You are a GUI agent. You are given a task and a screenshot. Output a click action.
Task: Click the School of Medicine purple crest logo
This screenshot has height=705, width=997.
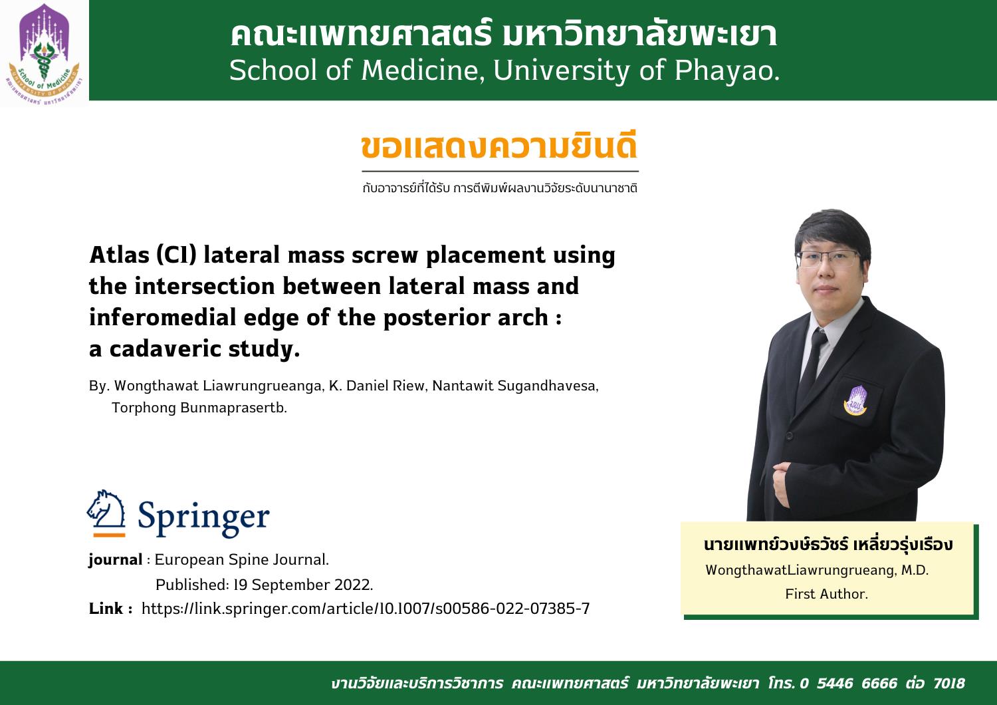pos(44,54)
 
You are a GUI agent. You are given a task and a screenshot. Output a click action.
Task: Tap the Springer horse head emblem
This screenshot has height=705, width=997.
pos(106,513)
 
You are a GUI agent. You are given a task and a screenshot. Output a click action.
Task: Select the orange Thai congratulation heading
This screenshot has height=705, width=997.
pos(499,146)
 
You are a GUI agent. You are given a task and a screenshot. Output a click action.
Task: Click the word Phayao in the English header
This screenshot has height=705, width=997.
pos(727,70)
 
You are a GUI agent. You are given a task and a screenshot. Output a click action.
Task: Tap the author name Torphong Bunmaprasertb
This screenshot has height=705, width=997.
pos(199,408)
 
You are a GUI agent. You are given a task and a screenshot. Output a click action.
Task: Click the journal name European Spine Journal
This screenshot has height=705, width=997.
pos(242,559)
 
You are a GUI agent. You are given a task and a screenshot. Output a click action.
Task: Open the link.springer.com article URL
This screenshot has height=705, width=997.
pos(366,609)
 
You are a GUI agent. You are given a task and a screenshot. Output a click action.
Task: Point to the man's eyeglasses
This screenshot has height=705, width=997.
pos(828,259)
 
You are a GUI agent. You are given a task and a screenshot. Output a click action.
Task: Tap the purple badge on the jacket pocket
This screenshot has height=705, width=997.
pos(855,400)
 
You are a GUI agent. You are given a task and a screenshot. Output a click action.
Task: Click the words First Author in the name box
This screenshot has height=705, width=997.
pos(827,594)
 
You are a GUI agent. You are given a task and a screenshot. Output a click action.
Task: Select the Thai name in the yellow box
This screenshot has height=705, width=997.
pos(828,544)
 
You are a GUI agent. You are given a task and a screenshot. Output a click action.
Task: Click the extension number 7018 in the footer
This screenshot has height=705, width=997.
pos(949,683)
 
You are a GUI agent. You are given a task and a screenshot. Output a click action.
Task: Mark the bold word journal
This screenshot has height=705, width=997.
pos(115,560)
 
